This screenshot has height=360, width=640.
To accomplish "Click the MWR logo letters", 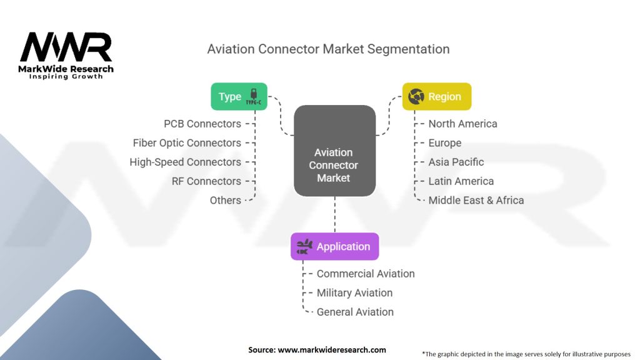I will point(66,47).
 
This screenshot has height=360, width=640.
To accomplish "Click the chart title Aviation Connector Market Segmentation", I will point(328,49).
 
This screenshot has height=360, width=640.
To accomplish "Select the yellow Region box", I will point(436,97).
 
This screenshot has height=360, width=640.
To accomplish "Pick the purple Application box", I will point(334,246).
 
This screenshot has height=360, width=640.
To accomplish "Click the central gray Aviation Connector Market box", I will point(334,165).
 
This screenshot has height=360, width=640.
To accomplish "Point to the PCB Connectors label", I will point(202,124).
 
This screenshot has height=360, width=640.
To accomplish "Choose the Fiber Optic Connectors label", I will point(187,143).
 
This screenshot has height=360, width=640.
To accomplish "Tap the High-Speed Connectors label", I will point(185,162).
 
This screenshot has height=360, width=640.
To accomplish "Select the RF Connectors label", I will point(206,181).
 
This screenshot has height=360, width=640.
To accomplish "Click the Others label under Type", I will point(226,200).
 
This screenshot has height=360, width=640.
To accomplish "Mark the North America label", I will point(462,124).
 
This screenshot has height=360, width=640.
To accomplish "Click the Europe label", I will point(445,143).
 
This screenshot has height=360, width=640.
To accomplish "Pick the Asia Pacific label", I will point(456,162).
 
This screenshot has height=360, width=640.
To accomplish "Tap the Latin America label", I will point(461,181).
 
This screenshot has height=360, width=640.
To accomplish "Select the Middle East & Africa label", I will point(476,200).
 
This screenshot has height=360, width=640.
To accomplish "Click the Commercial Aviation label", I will point(366,274).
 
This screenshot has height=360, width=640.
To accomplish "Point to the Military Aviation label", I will point(355,292).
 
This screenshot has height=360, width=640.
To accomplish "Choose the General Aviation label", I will point(355,312).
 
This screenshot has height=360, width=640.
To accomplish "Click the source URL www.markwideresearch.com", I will point(332,350).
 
